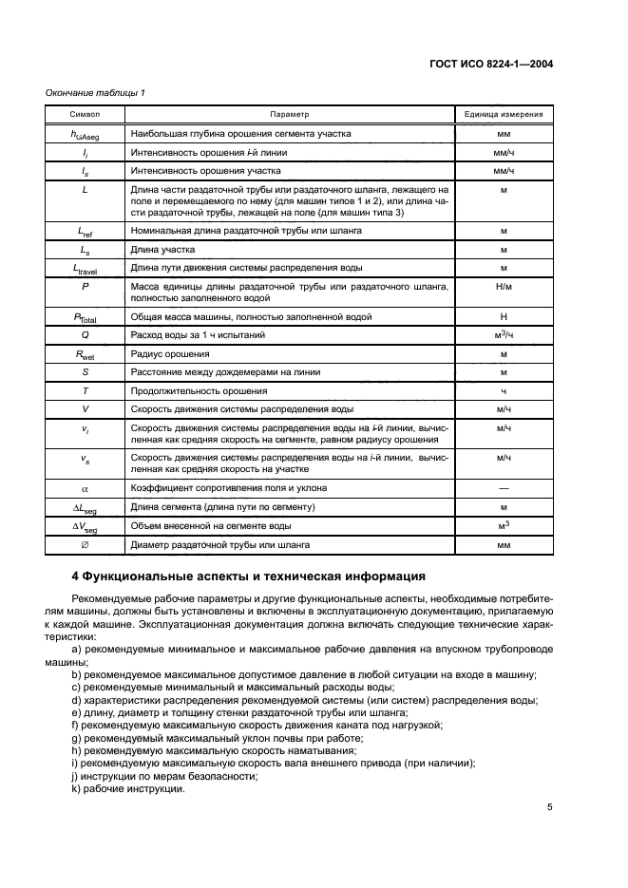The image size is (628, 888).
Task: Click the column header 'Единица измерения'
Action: tap(504, 114)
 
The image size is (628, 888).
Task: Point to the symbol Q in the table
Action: tap(86, 334)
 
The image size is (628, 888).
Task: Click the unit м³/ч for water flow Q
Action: tap(504, 334)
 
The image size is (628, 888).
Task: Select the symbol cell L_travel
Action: tap(86, 269)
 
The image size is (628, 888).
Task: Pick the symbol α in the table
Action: tap(86, 487)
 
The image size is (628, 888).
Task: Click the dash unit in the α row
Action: tap(504, 487)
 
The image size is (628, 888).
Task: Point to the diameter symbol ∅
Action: tap(86, 545)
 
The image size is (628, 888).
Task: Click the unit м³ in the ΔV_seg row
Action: tap(504, 526)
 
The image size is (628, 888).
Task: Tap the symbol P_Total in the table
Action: tap(86, 316)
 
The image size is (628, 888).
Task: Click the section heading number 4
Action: tap(77, 576)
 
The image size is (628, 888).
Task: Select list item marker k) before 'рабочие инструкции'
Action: tap(76, 790)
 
